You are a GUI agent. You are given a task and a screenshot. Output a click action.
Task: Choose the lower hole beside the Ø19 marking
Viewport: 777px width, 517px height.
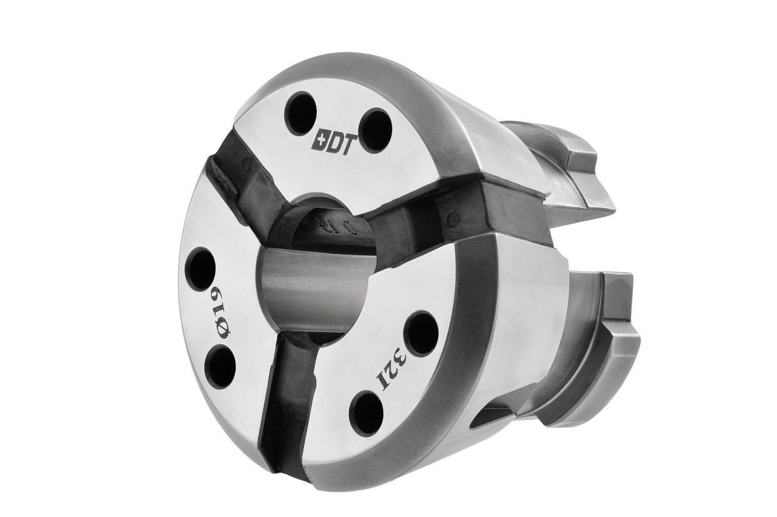(221, 366)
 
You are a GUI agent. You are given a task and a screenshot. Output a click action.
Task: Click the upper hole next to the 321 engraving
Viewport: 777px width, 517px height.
(421, 333)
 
